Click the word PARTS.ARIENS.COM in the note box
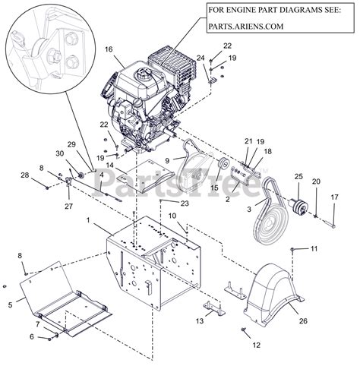246,27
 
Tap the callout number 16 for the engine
109,49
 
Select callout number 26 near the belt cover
303,321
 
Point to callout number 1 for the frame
88,220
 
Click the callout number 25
298,176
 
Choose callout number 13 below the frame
200,321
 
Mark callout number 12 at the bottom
257,345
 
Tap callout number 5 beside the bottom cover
10,305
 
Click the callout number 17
335,197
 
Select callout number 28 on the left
25,175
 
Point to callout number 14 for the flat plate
109,165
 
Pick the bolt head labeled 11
292,250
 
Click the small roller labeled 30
82,175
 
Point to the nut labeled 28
47,188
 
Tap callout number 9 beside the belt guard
167,161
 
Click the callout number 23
185,204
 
